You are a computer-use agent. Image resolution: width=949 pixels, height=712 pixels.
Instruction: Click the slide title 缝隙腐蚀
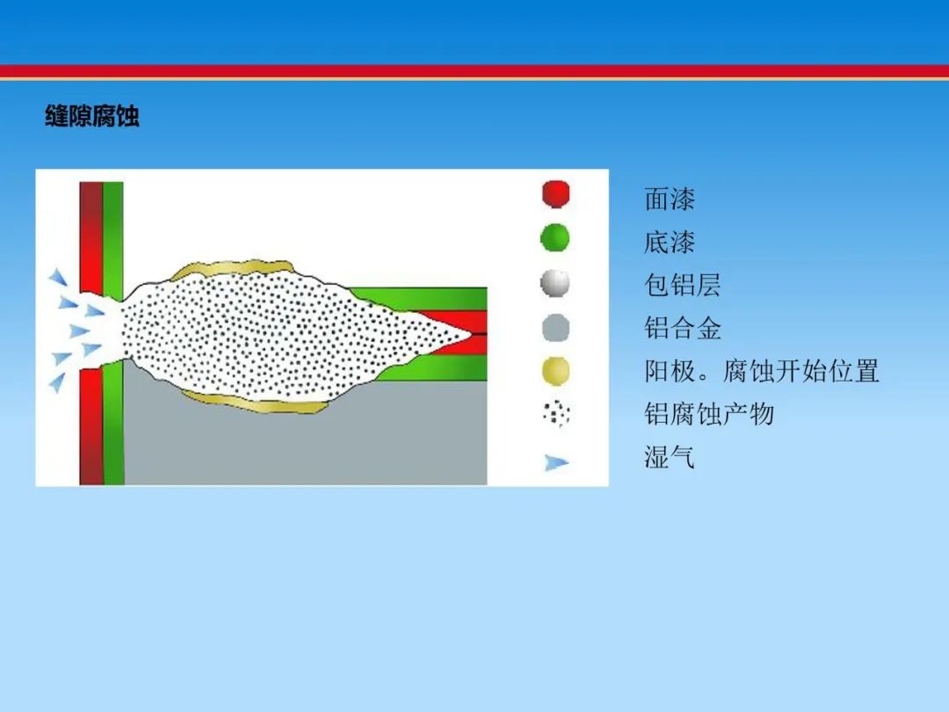pos(92,116)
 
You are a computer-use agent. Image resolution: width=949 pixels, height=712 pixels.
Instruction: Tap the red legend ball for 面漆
pos(555,194)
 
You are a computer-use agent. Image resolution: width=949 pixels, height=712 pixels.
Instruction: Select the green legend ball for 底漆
pos(555,237)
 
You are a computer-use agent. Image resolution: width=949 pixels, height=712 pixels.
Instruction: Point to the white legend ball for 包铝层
pos(555,283)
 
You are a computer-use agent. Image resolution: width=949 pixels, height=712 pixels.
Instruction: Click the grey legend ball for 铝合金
pos(555,328)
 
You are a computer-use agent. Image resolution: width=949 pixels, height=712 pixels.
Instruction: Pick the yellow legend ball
pos(555,371)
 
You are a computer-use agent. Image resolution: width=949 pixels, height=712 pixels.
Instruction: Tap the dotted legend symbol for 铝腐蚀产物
pos(556,414)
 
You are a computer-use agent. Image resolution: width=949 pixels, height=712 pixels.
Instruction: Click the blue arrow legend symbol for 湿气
pos(556,462)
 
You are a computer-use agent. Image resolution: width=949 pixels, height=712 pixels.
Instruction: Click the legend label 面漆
pos(670,199)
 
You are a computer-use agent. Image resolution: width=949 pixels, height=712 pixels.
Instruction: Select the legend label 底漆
pos(670,243)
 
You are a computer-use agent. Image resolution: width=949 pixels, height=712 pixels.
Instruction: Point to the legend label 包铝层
pos(682,285)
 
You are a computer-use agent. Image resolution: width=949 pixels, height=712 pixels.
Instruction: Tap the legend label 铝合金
pos(682,328)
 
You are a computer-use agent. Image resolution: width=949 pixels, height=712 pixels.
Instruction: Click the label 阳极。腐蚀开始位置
pos(761,371)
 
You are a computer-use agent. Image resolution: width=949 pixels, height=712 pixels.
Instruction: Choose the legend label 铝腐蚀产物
pos(709,414)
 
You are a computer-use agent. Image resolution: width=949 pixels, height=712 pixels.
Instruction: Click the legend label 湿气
pos(670,457)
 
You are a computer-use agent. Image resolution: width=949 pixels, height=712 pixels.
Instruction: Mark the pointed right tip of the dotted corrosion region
pos(471,334)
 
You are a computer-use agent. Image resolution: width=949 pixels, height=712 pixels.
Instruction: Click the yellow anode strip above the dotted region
pos(233,267)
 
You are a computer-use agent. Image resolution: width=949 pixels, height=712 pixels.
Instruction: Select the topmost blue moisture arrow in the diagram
pos(58,277)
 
